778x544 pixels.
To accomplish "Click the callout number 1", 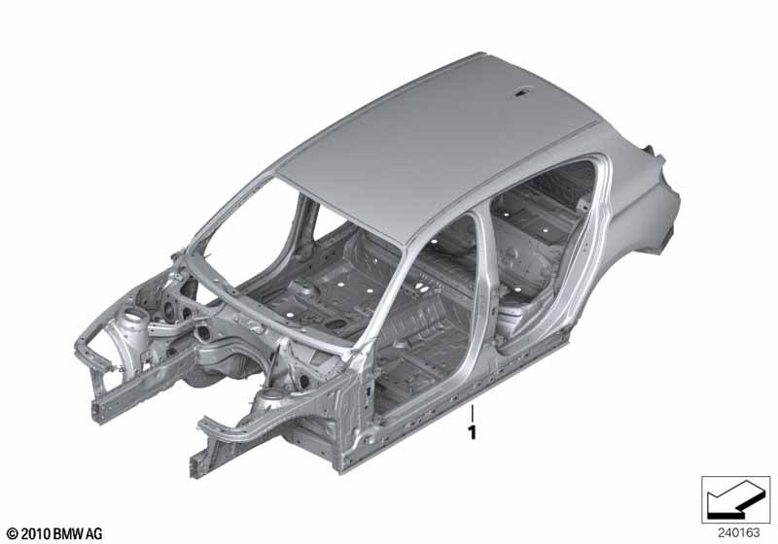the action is click(x=472, y=432).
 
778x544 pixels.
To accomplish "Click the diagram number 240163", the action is click(x=738, y=533).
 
